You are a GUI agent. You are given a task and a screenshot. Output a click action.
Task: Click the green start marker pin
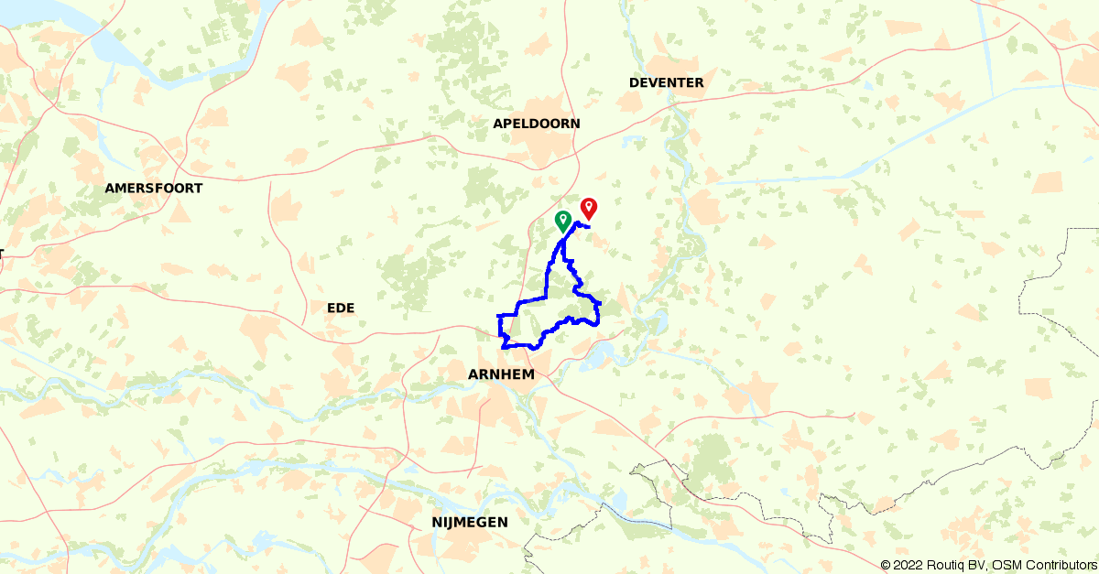(562, 220)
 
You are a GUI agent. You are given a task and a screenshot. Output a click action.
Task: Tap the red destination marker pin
(589, 208)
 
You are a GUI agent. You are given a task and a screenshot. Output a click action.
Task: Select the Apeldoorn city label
(537, 124)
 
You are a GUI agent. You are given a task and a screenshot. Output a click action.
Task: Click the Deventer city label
(667, 82)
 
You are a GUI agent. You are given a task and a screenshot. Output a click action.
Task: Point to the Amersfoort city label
(154, 188)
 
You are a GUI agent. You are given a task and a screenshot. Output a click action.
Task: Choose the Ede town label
(340, 308)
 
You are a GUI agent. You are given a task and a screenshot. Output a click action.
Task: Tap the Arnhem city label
(501, 374)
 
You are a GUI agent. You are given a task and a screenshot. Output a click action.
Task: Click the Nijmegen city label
(469, 522)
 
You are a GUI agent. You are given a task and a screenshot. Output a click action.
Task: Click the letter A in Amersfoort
(110, 188)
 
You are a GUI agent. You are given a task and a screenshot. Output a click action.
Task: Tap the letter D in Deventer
(634, 82)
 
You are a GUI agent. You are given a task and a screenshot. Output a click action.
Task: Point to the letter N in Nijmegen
(436, 522)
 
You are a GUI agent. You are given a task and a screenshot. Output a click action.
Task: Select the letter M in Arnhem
(528, 374)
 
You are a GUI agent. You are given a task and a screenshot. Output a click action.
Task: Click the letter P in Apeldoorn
(508, 124)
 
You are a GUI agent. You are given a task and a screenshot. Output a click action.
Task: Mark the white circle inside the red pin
(589, 205)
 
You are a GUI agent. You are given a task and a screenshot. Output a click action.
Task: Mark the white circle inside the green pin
(562, 217)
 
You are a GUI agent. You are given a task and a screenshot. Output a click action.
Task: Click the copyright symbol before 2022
(885, 566)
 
